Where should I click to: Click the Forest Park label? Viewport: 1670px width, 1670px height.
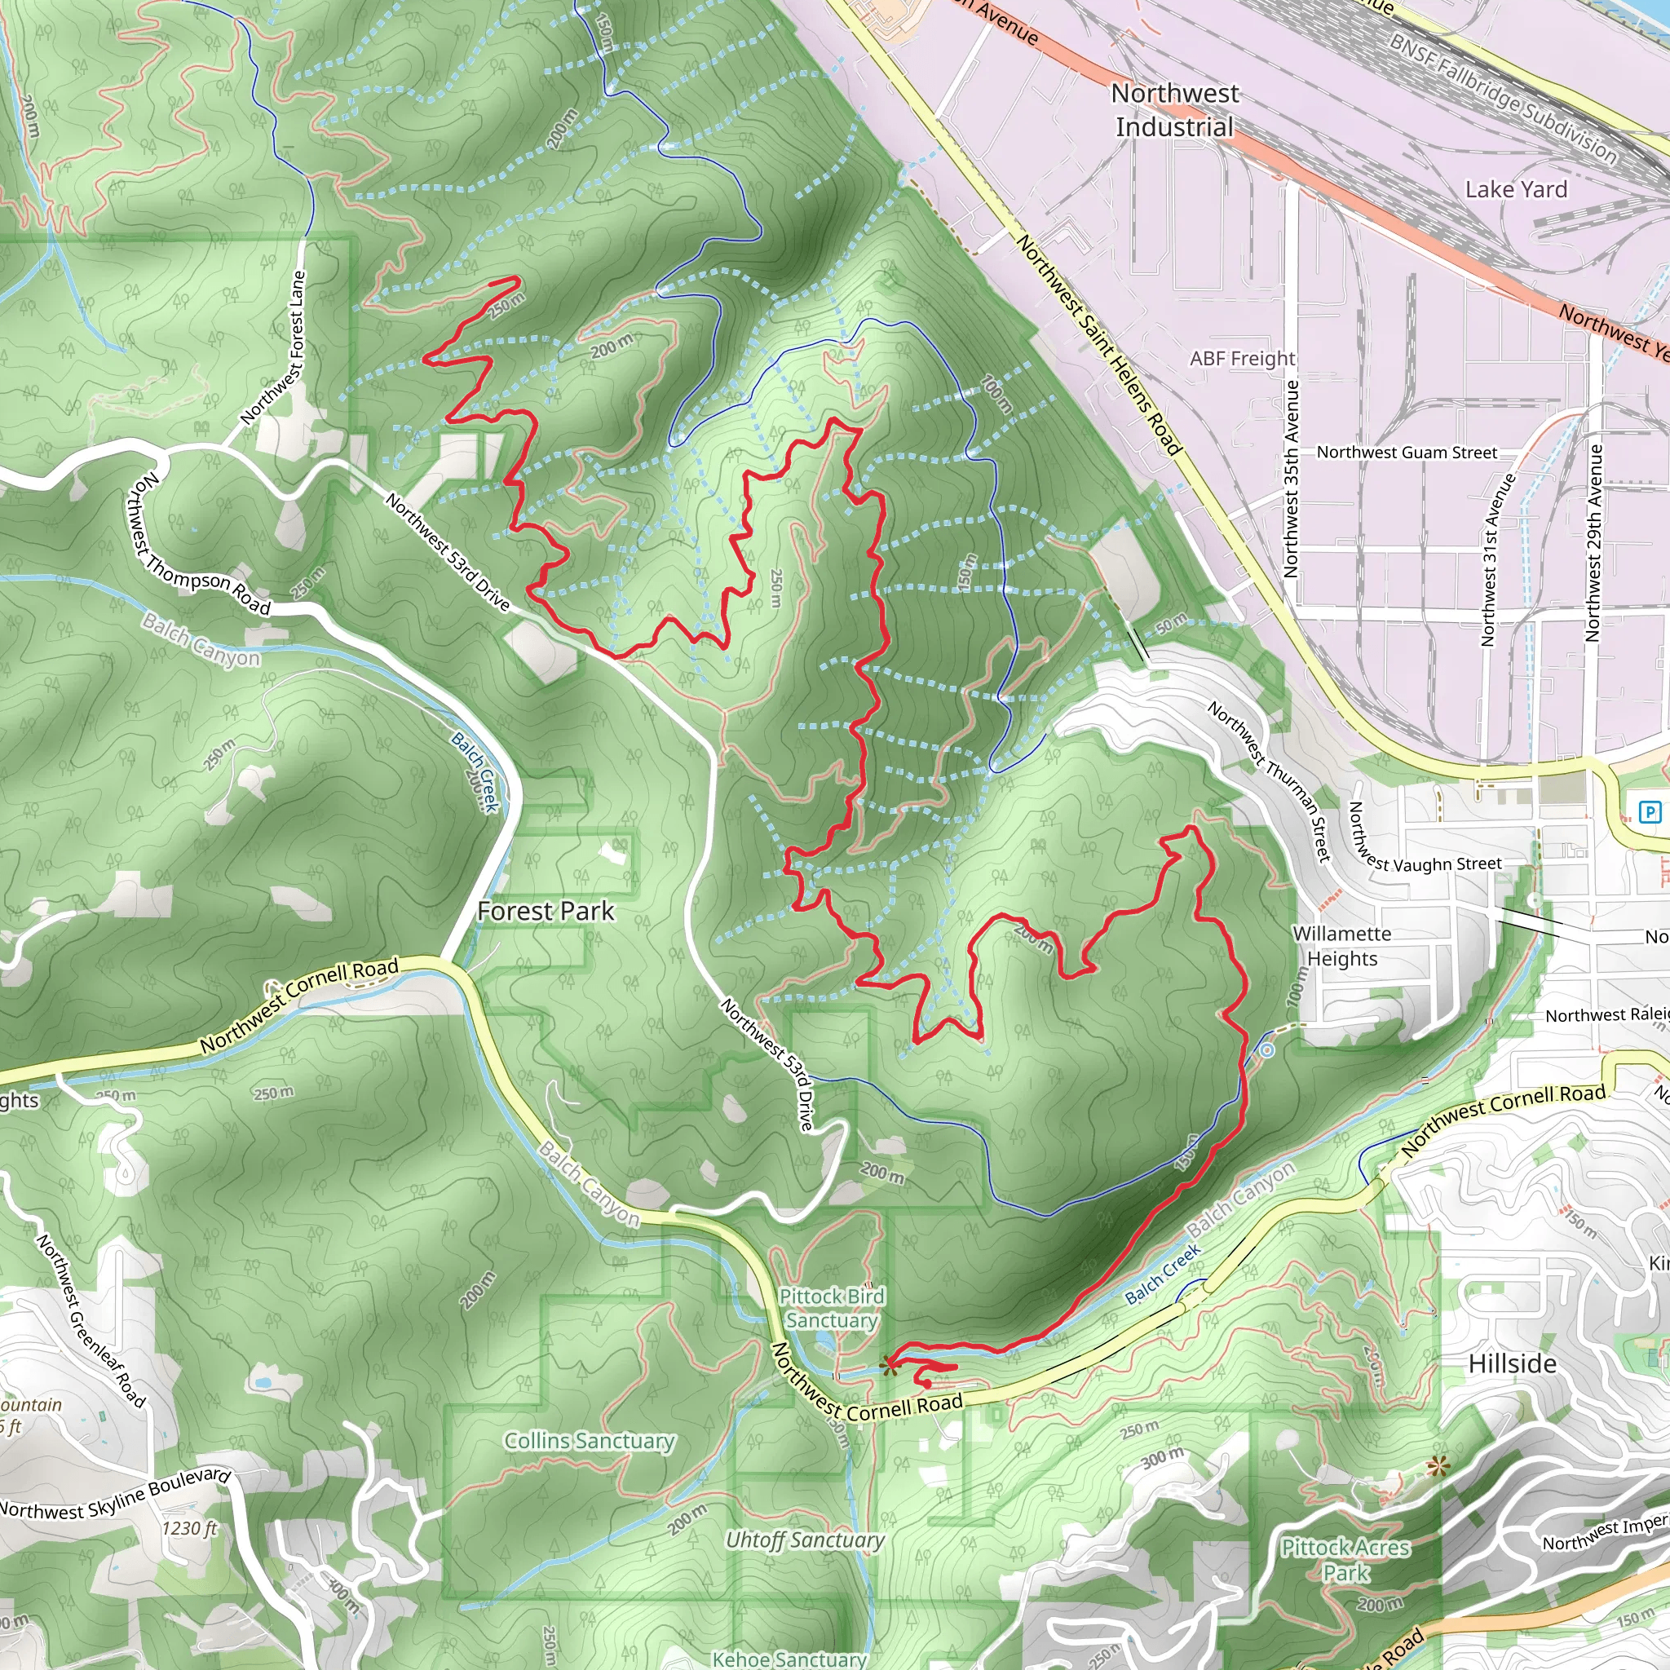546,911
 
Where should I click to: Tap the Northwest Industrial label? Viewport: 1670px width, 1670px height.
1174,110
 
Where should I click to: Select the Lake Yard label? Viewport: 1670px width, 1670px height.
1515,189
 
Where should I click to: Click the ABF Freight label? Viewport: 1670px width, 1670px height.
1242,358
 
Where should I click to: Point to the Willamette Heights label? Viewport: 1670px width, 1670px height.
1341,946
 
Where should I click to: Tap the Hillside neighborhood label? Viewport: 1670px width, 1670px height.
1512,1363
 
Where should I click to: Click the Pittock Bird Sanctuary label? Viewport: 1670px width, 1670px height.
832,1308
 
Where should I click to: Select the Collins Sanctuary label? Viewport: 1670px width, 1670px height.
589,1440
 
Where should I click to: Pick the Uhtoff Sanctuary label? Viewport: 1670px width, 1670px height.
804,1540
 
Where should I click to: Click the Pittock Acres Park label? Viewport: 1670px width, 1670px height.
1345,1559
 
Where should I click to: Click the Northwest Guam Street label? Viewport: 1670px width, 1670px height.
1407,452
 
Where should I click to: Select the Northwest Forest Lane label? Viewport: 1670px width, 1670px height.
274,347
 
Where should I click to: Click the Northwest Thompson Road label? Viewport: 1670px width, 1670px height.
197,545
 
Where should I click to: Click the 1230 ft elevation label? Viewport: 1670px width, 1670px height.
189,1528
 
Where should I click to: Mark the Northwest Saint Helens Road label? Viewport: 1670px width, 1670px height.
1098,344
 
